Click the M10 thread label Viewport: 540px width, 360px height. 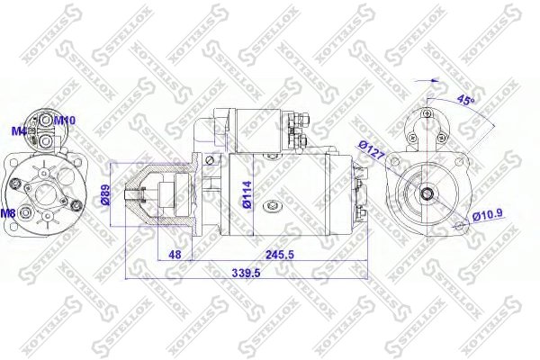coord(65,120)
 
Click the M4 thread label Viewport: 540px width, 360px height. coord(18,130)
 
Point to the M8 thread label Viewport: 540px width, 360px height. coord(8,213)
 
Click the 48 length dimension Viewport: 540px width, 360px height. coord(175,255)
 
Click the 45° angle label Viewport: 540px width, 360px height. coord(465,102)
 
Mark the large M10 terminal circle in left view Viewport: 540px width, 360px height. coord(45,119)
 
